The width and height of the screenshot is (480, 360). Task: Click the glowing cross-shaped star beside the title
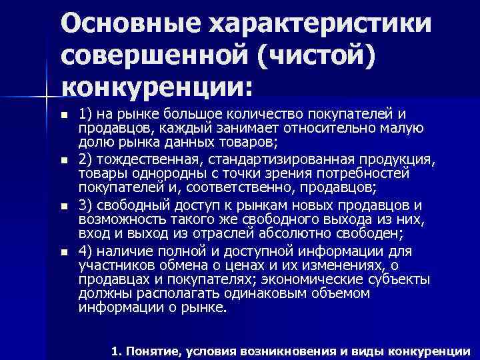pos(47,97)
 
